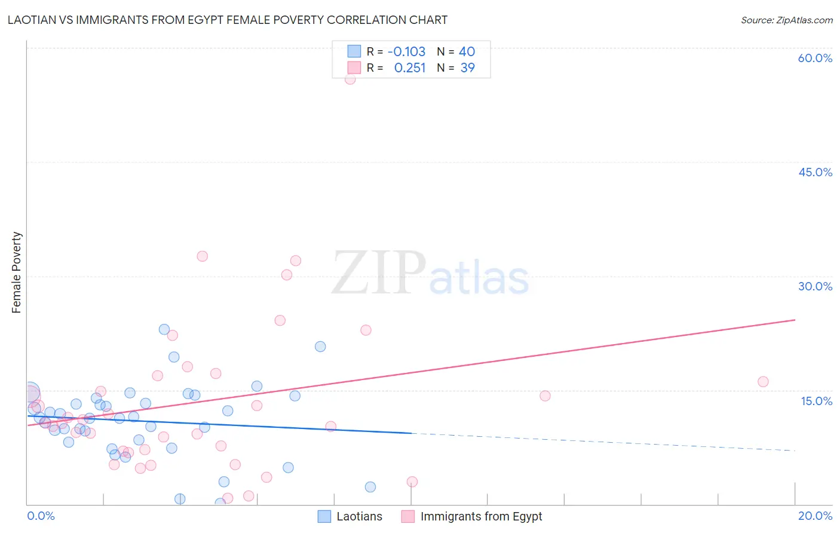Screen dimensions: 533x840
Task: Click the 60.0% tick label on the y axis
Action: pyautogui.click(x=815, y=58)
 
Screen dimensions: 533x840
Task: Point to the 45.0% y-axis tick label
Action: pyautogui.click(x=815, y=172)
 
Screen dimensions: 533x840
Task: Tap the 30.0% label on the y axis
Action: pyautogui.click(x=815, y=286)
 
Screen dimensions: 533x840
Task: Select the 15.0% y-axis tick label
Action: pyautogui.click(x=816, y=401)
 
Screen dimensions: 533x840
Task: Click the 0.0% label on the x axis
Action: pyautogui.click(x=41, y=516)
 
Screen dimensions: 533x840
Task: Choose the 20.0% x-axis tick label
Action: pyautogui.click(x=815, y=516)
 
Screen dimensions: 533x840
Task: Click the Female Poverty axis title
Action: pyautogui.click(x=17, y=272)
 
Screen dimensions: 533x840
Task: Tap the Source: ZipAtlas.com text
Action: pyautogui.click(x=786, y=20)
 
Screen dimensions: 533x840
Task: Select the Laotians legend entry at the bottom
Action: pyautogui.click(x=358, y=516)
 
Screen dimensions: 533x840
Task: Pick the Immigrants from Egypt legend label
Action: pyautogui.click(x=481, y=516)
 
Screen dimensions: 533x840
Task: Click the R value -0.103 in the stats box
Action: pyautogui.click(x=406, y=52)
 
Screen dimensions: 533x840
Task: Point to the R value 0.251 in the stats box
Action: pyautogui.click(x=410, y=68)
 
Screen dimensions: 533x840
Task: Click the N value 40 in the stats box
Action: pyautogui.click(x=467, y=52)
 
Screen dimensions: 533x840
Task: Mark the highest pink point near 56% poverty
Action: pyautogui.click(x=350, y=79)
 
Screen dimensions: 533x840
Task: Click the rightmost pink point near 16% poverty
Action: pyautogui.click(x=763, y=382)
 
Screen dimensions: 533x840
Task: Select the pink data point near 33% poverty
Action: pyautogui.click(x=202, y=256)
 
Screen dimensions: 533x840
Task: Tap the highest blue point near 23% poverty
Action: pyautogui.click(x=164, y=329)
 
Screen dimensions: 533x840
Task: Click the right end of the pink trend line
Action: pyautogui.click(x=795, y=320)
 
